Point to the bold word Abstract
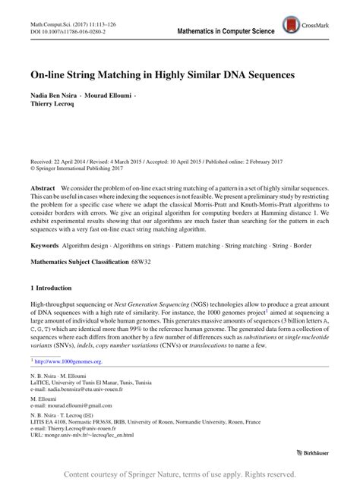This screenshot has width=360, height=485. (42, 187)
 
